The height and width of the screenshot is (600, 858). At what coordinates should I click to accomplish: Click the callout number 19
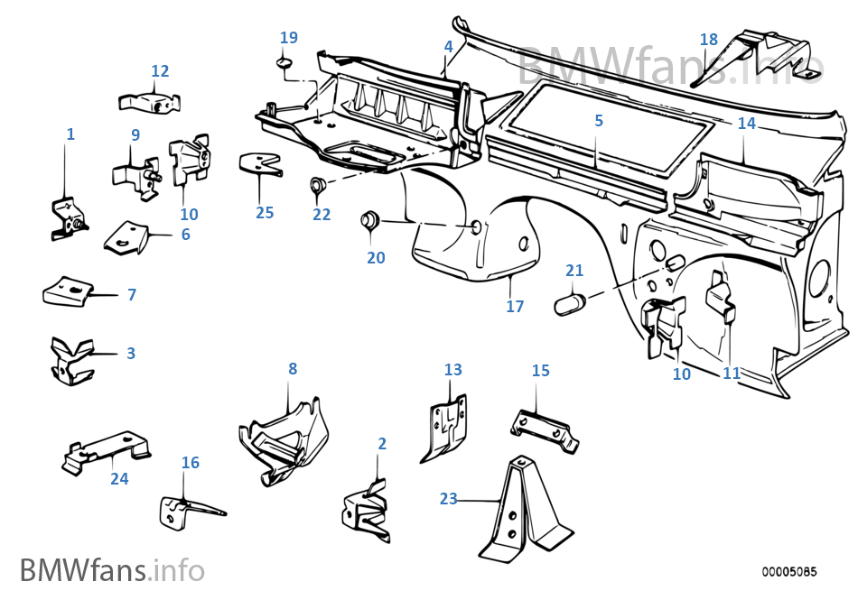[x=288, y=38]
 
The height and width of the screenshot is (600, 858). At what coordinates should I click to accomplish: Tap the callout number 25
[x=265, y=213]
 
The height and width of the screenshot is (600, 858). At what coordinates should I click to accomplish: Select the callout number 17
[x=515, y=307]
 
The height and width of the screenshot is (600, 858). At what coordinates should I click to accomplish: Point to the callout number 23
[x=449, y=498]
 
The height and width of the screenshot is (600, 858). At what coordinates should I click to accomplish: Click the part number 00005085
[x=788, y=571]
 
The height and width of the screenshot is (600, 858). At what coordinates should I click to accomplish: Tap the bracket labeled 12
[x=152, y=101]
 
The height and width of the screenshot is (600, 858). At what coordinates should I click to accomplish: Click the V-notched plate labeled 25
[x=259, y=164]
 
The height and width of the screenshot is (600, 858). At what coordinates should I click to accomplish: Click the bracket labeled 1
[x=68, y=217]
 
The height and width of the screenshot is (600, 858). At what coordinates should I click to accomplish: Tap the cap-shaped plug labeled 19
[x=284, y=63]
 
